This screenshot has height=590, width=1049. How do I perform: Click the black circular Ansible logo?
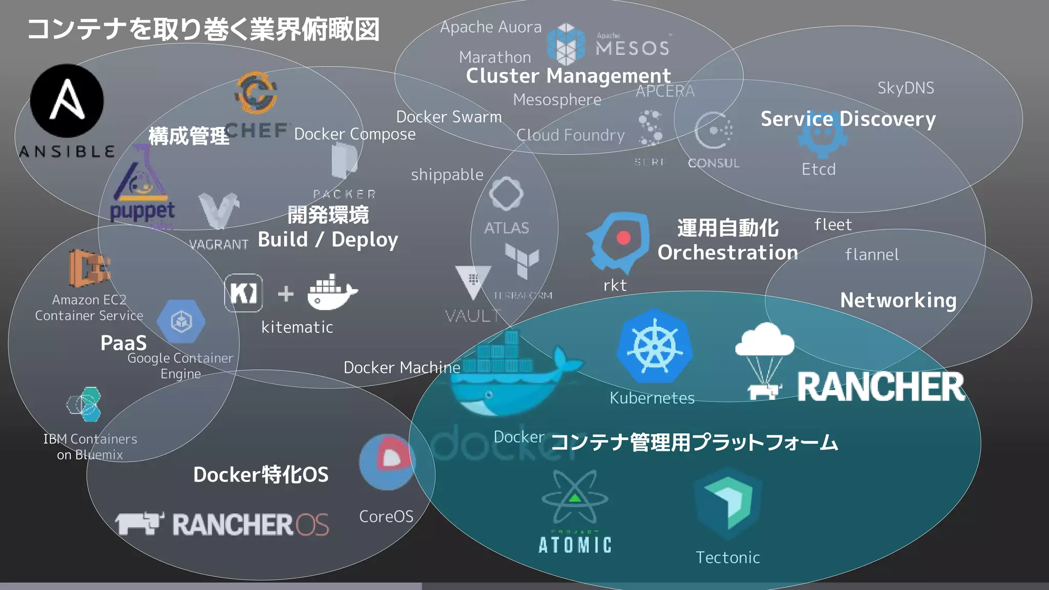tap(67, 100)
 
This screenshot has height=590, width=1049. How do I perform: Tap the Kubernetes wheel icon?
tap(655, 346)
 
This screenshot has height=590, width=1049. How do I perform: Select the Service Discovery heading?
tap(848, 119)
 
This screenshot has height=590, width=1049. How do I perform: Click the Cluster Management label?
tap(568, 76)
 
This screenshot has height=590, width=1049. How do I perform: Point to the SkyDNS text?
tap(906, 88)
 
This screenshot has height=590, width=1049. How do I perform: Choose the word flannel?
tap(872, 255)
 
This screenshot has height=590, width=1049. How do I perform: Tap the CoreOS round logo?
tap(388, 462)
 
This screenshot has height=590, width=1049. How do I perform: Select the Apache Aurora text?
tap(491, 27)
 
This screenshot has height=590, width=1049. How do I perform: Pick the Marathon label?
tap(495, 57)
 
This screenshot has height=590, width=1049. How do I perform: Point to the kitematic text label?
tap(297, 327)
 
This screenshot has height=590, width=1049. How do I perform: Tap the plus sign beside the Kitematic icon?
tap(286, 294)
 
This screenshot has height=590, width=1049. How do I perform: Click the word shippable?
tap(447, 175)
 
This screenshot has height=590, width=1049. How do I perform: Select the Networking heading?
tap(898, 300)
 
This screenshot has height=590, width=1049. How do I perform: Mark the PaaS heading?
tap(123, 343)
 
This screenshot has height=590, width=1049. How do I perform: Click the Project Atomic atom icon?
tap(575, 497)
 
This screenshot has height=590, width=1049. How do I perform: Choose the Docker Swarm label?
tap(449, 117)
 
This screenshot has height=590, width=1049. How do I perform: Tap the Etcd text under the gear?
tap(819, 170)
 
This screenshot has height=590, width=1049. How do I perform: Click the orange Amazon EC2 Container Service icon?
tap(90, 267)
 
